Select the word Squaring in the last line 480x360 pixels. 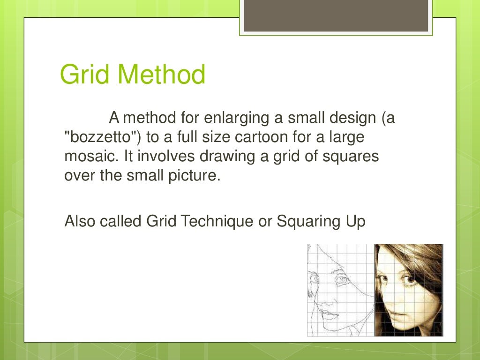pos(304,221)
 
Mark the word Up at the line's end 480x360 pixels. pos(354,221)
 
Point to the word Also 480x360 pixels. pos(80,220)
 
